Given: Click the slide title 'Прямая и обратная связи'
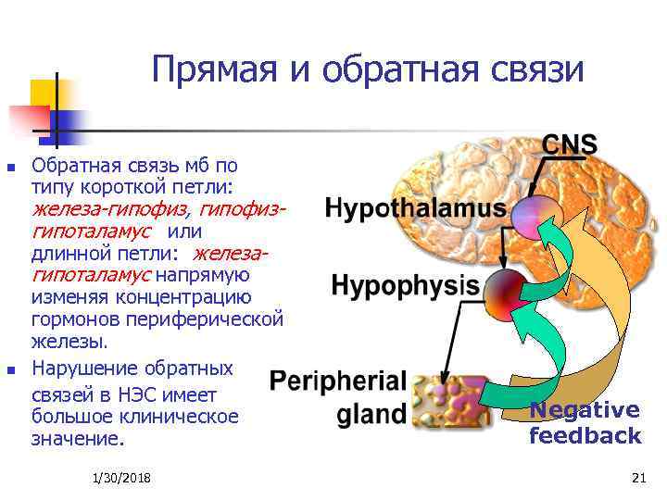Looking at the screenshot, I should coord(368,70).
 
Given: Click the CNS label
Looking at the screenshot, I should coord(569,145).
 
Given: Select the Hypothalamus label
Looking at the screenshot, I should coord(416,209).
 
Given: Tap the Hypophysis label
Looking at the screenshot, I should coord(405,284).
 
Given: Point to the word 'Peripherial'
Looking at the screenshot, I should coord(338,381).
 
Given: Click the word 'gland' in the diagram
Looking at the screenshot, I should coord(371,414).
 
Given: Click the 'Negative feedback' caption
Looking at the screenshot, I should coord(585,423).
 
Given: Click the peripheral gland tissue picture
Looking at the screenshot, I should coord(449,400).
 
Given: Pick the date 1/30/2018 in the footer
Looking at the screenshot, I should coord(122,477).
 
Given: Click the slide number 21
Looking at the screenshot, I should coord(636,477).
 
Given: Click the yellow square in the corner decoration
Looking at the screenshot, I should coord(44,94).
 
